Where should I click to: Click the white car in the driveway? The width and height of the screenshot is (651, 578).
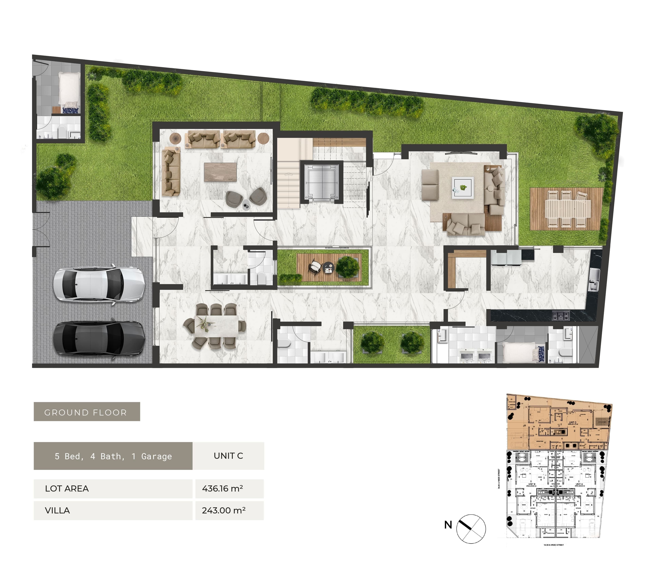pos(99,284)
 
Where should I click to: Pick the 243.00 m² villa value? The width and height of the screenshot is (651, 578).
pos(224,510)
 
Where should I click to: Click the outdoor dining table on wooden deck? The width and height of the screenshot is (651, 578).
pos(568,209)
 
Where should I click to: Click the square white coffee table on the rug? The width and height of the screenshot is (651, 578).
pos(462,188)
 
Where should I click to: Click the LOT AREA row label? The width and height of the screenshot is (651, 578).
pos(67,488)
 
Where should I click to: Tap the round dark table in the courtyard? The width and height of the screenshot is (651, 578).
pos(328,267)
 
